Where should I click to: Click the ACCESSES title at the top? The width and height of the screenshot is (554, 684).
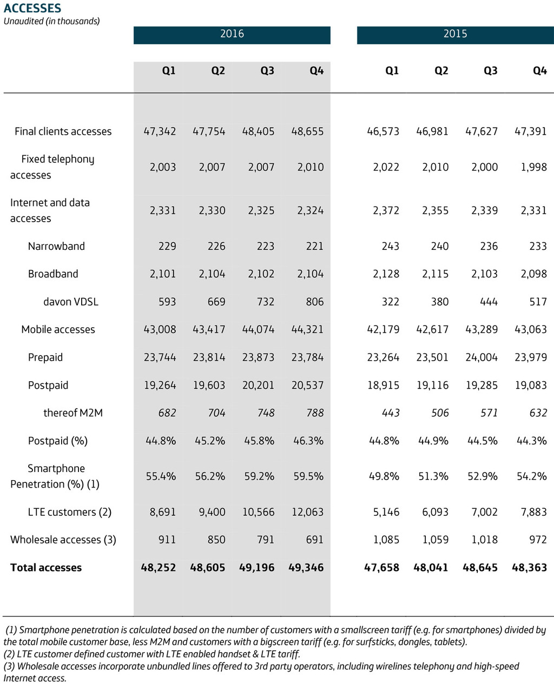coord(32,8)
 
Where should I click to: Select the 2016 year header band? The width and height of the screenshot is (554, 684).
coord(232,34)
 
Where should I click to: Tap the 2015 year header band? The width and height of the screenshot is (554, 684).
coord(455,34)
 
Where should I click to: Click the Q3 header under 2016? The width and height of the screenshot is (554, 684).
coord(267,71)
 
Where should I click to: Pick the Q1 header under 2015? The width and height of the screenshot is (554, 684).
coord(392,71)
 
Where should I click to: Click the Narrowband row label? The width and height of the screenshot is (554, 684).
coord(56,246)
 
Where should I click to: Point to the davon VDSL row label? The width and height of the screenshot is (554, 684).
coord(71,302)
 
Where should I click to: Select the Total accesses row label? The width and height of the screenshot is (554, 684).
coord(46,567)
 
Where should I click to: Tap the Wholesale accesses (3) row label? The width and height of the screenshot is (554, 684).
coord(63,540)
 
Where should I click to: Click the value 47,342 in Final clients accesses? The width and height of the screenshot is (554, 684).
coord(160,131)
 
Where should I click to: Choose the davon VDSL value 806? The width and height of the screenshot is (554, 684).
coord(314,302)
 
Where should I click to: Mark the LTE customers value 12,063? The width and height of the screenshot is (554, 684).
coord(307,512)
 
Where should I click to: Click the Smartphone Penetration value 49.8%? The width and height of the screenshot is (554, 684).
coord(384,476)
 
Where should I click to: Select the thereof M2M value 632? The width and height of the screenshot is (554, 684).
coord(538,413)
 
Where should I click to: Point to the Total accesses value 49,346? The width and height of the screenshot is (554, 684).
coord(306,568)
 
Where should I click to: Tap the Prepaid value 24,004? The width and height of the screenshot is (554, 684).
coord(482,357)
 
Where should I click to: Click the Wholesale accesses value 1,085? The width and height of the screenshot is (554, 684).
coord(386,540)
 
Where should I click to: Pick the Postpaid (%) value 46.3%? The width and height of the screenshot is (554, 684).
coord(308,441)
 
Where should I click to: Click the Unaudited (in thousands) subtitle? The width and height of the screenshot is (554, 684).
coord(52,21)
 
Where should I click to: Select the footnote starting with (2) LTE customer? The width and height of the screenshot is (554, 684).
coord(152,654)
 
